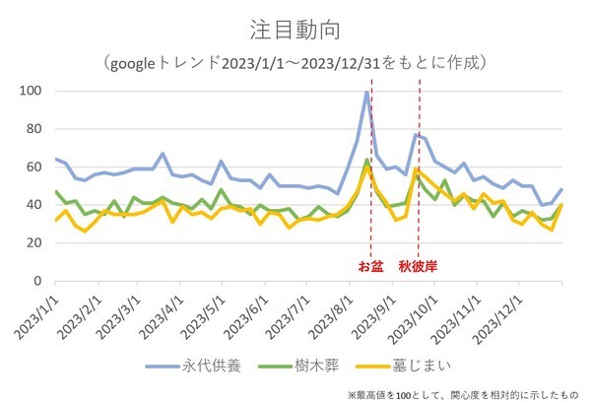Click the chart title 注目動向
click(x=295, y=30)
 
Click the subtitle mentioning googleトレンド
click(x=295, y=62)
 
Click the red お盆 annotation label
click(x=368, y=266)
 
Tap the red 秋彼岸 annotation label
click(x=417, y=266)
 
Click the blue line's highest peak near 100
click(x=366, y=93)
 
